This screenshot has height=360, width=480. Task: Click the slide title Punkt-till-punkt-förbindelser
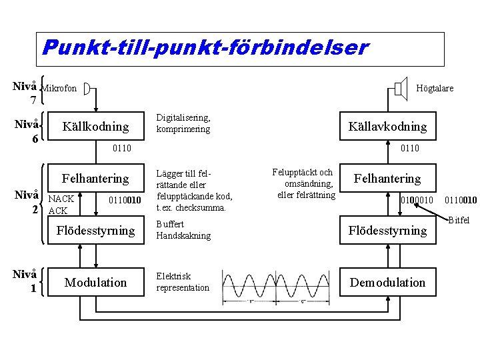pos(204,48)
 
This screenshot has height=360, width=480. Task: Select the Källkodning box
pos(95,126)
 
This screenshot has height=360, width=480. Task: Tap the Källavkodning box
pos(387,126)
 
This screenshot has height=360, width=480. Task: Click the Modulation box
pos(95,282)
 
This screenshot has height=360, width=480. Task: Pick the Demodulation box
pos(387,282)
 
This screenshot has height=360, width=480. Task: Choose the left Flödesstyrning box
pos(95,231)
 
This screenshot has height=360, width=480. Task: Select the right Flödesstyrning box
pos(387,231)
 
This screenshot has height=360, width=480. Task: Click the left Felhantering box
pos(95,179)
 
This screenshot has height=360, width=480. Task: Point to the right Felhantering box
pos(387,179)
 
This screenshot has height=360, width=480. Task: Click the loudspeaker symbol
pos(400,87)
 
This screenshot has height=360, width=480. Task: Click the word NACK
pos(61,199)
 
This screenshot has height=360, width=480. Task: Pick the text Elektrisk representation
pos(183,282)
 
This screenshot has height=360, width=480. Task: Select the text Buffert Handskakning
pos(183,230)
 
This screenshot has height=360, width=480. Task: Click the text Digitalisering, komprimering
pos(183,123)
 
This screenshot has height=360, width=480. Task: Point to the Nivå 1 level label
pos(25,281)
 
